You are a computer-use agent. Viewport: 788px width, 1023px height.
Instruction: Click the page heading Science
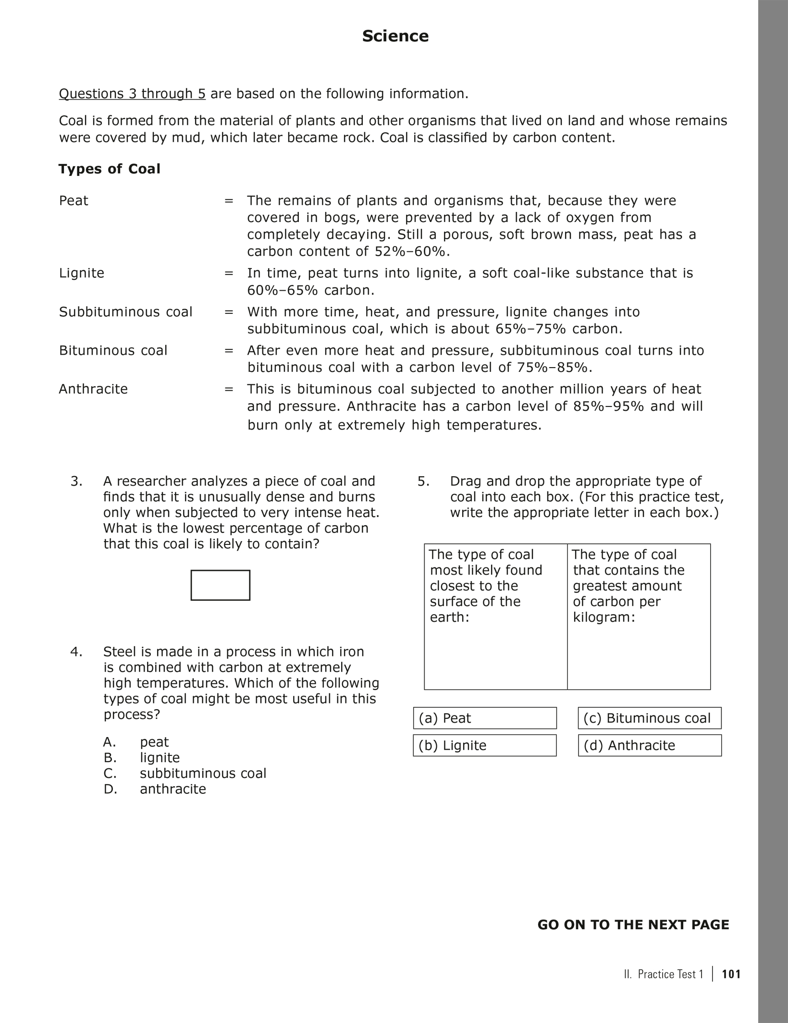(395, 36)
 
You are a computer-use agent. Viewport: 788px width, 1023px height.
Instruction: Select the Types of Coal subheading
(110, 169)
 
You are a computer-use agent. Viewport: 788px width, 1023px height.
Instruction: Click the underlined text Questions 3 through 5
(132, 94)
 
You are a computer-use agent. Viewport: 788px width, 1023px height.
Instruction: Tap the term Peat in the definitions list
(74, 200)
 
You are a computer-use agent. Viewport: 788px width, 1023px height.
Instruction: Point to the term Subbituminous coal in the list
(125, 312)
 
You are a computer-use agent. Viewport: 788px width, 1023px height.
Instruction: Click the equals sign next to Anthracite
(229, 389)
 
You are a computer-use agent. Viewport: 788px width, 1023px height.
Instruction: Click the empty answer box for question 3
(220, 585)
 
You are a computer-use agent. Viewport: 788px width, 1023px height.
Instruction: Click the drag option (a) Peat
(484, 718)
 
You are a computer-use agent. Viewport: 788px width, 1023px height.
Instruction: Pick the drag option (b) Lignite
(484, 745)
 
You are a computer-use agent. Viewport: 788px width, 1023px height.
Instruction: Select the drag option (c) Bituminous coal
(649, 718)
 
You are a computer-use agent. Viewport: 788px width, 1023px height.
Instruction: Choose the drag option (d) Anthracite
(649, 745)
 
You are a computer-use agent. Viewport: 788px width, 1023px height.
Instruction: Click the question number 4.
(76, 652)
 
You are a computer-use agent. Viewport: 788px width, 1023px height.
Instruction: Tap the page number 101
(731, 974)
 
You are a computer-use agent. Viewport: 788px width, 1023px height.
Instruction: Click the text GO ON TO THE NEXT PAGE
(633, 924)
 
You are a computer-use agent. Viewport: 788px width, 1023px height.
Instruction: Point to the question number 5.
(423, 481)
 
